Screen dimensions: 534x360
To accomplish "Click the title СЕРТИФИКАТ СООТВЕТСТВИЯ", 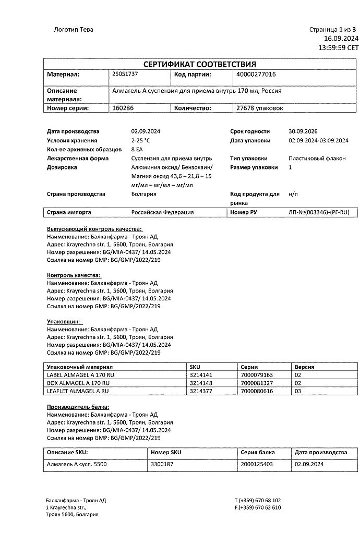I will coord(200,64).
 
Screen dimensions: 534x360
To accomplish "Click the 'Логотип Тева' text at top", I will coord(74,29).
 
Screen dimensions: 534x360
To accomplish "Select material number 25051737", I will coord(125,74).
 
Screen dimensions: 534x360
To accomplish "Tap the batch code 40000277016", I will coord(256,75).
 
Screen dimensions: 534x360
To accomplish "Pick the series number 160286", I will coord(123,108).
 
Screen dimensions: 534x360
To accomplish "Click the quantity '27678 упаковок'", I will coord(260,108).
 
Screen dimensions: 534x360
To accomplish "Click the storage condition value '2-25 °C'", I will coord(140,140).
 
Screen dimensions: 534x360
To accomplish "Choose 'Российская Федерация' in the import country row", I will coord(162,212).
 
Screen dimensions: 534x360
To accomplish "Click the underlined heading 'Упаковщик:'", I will coord(64,322).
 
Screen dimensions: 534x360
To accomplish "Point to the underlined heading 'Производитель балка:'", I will coord(78,407).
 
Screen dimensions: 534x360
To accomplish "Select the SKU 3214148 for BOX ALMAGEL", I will coord(201,383).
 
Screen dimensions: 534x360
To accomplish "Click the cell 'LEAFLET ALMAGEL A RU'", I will coord(78,391).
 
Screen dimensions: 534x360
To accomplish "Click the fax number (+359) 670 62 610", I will coord(258,507).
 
